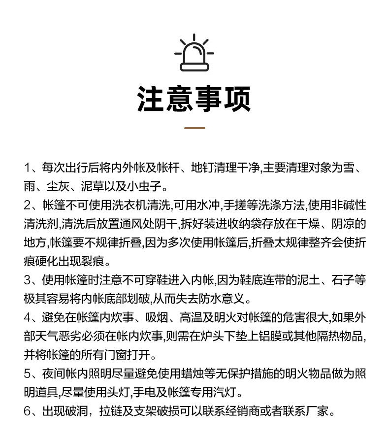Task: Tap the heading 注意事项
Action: click(x=194, y=99)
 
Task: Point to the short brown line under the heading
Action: click(x=194, y=128)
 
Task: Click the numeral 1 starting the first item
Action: click(x=27, y=167)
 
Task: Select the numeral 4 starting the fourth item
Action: click(x=27, y=317)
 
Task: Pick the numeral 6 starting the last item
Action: click(x=27, y=411)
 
